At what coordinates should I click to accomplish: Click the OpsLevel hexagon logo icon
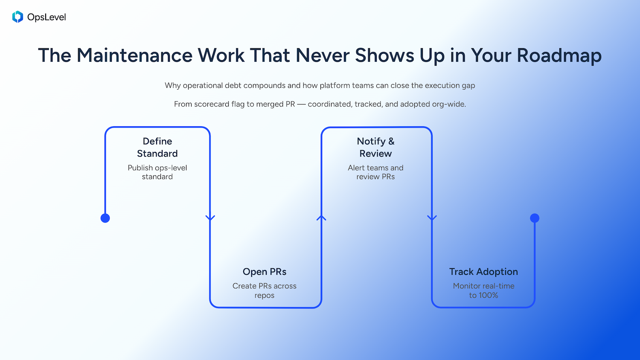point(17,17)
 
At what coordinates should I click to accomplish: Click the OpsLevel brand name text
point(47,17)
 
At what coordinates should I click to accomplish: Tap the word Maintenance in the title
point(134,55)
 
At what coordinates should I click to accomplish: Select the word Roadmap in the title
point(559,55)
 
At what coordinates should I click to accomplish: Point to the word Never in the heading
point(322,55)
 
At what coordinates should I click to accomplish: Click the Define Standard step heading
point(157,147)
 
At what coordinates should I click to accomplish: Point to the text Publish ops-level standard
point(157,172)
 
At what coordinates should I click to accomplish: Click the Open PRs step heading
point(265,272)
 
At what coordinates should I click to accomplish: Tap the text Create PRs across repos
point(265,290)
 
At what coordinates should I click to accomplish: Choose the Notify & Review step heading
point(375,147)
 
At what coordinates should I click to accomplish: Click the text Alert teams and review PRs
point(375,172)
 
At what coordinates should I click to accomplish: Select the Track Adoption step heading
point(483,272)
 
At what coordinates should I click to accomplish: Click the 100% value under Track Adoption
point(489,295)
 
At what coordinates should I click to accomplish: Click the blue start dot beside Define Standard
point(105,218)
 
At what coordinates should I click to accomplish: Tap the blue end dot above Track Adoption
point(535,218)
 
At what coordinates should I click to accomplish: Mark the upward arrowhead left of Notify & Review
point(321,218)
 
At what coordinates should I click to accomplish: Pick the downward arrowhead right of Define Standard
point(210,218)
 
